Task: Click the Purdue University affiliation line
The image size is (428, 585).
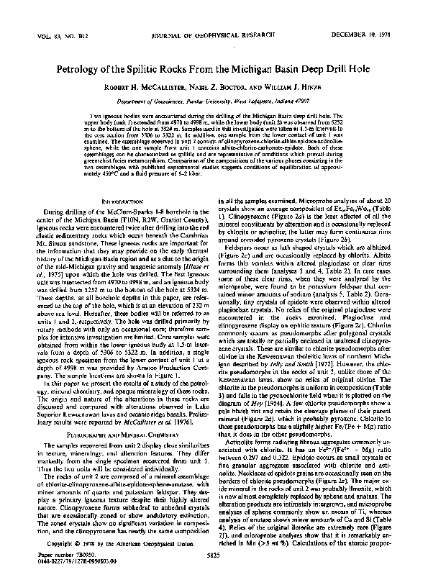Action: point(214,104)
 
